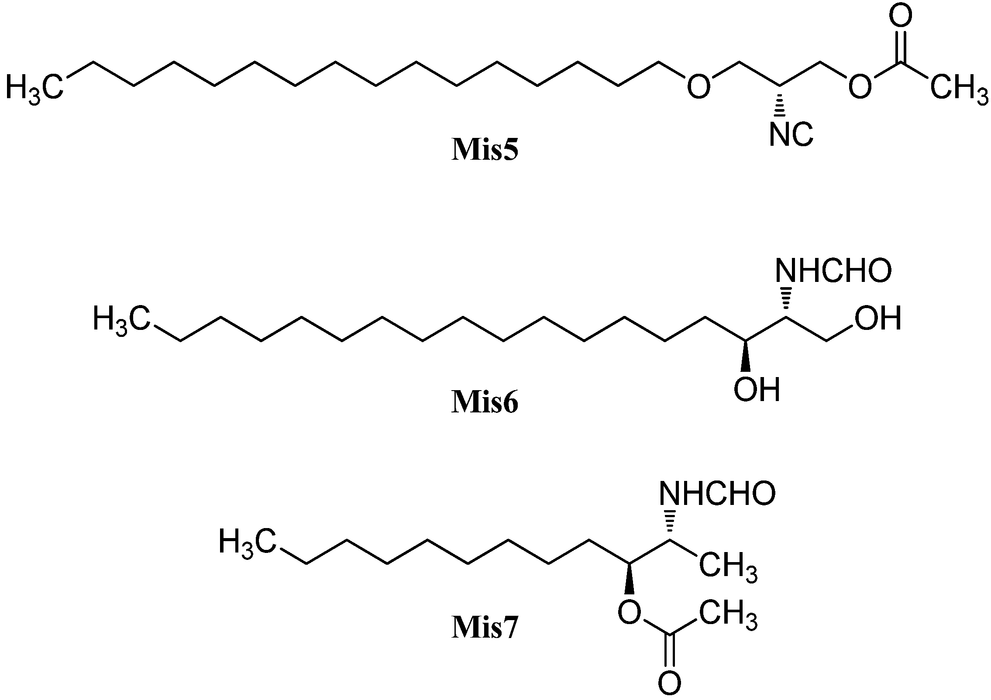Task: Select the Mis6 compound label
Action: click(485, 402)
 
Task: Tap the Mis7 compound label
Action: click(485, 628)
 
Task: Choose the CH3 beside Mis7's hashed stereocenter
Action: click(728, 567)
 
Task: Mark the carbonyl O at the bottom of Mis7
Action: click(669, 684)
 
